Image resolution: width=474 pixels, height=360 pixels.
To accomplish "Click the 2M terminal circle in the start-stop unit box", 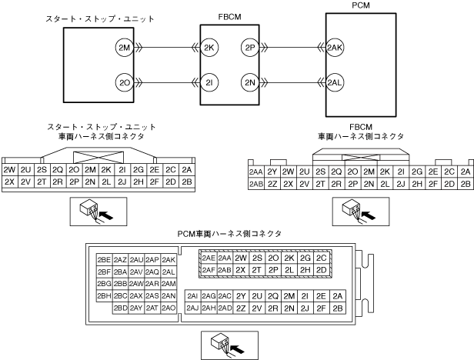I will (x=123, y=47).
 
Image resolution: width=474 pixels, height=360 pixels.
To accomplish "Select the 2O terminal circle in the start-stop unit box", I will (x=123, y=82).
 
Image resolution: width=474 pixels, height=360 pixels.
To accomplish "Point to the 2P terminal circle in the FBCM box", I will (x=249, y=47).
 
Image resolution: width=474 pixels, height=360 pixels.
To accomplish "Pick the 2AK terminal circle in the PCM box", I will (x=334, y=47).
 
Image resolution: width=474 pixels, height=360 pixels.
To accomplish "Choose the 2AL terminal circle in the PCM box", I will (x=334, y=82).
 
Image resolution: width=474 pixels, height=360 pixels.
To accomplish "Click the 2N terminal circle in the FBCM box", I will (x=249, y=82).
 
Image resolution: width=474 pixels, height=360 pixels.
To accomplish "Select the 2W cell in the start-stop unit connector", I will (x=10, y=170).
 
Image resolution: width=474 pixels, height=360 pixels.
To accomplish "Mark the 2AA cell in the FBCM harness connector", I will (x=255, y=172).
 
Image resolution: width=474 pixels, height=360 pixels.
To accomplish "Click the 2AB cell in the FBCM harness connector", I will (x=255, y=185).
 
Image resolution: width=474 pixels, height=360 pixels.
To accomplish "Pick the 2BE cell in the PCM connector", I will (x=104, y=260).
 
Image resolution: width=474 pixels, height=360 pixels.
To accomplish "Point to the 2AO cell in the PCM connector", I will (x=169, y=308).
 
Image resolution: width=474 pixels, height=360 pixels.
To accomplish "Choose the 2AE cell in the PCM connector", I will (x=208, y=258).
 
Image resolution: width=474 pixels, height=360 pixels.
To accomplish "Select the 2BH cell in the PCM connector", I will (x=104, y=296).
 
